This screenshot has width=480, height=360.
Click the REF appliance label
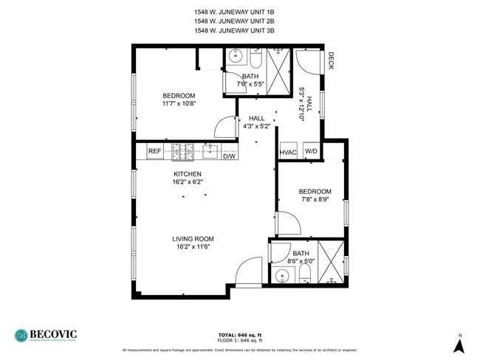(154, 151)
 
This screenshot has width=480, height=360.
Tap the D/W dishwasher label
(229, 156)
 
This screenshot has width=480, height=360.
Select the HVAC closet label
(287, 153)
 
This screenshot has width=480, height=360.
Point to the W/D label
(311, 153)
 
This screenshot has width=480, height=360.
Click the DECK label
(331, 60)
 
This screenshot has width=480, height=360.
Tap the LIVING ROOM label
(193, 238)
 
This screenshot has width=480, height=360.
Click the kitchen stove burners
(182, 152)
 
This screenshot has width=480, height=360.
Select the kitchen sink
(210, 151)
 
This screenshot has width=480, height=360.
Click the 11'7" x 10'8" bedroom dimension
(179, 104)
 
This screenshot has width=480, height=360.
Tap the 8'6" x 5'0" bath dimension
(301, 260)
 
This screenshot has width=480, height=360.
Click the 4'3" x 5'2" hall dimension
(256, 126)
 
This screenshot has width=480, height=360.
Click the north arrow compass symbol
(459, 344)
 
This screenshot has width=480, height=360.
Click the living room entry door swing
(250, 272)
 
